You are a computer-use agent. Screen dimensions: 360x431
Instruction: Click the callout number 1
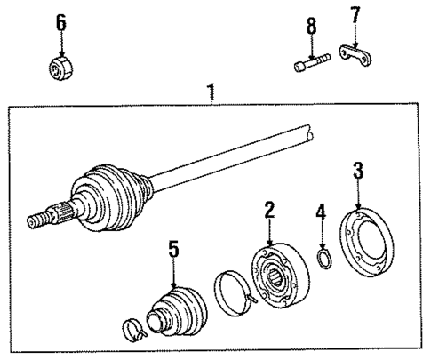pos(212,92)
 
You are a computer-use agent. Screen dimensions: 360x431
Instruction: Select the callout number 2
pos(267,212)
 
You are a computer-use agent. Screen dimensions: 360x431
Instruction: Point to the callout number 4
pos(321,213)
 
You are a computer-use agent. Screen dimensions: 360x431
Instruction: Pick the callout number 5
pos(174,251)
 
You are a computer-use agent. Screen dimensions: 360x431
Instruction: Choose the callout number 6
pos(60,23)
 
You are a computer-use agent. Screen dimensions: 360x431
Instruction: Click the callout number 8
pos(311,28)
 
